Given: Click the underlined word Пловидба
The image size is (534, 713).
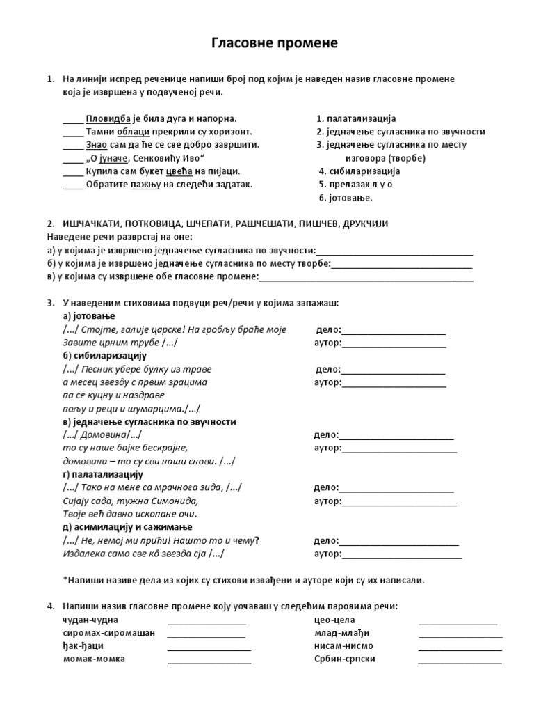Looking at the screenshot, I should [108, 118].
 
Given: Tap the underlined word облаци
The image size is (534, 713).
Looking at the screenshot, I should [131, 132].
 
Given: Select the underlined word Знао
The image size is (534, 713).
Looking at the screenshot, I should [96, 145].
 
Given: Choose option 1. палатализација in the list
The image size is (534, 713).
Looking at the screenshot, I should [356, 118].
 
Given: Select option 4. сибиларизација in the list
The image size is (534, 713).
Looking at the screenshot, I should [359, 171].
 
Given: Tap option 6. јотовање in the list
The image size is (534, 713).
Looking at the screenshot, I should [346, 198].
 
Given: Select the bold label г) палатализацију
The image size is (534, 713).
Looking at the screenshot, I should [103, 474].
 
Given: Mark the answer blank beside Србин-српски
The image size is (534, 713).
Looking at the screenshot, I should [460, 659].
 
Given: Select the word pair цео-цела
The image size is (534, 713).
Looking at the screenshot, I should [334, 620].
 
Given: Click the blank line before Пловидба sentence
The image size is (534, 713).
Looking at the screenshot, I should [72, 119].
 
